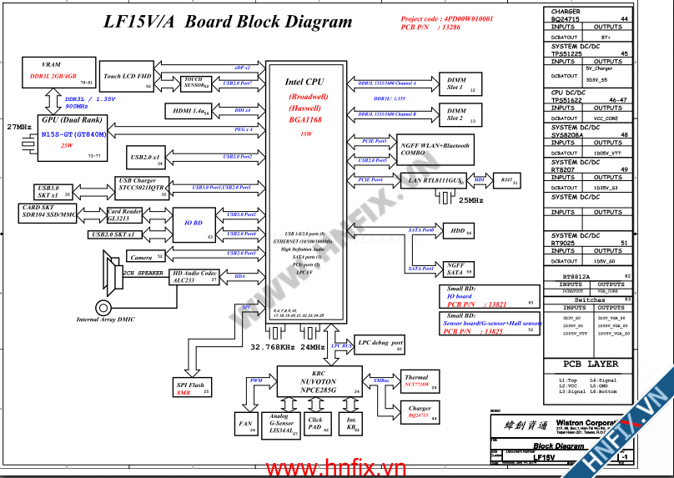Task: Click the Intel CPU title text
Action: [304, 82]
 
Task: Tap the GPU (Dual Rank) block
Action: [73, 136]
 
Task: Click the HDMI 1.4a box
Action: [189, 110]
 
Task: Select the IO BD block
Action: [194, 224]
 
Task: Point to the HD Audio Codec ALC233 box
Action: [194, 277]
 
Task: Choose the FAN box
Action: [245, 424]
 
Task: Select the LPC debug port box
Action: [380, 343]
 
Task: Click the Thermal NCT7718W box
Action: [416, 382]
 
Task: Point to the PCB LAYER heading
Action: [590, 364]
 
